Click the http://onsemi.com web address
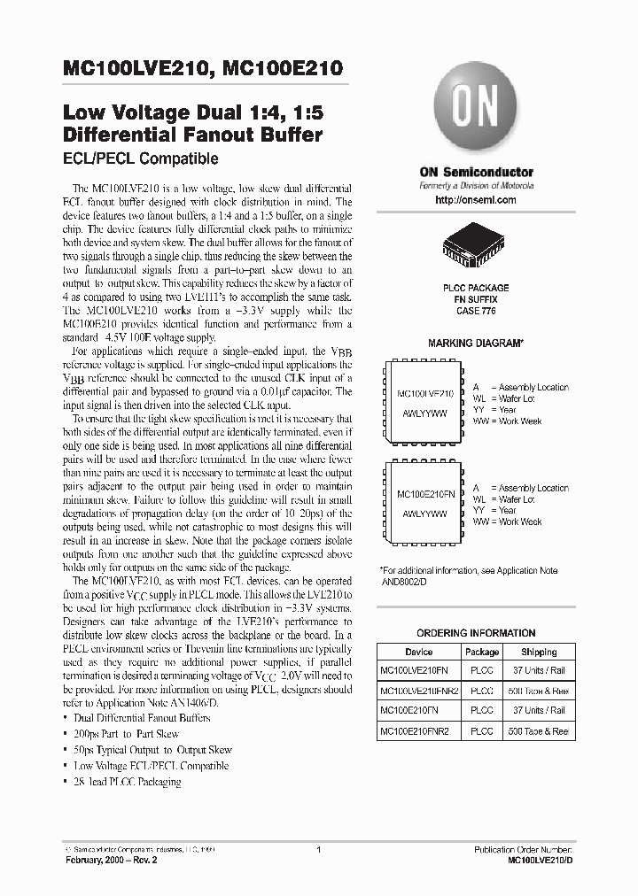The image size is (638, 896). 476,201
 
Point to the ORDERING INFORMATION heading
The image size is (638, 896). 476,633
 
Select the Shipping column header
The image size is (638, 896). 539,652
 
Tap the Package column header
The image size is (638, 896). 482,652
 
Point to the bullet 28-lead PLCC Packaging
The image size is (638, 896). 128,782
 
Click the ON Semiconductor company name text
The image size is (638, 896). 476,172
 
